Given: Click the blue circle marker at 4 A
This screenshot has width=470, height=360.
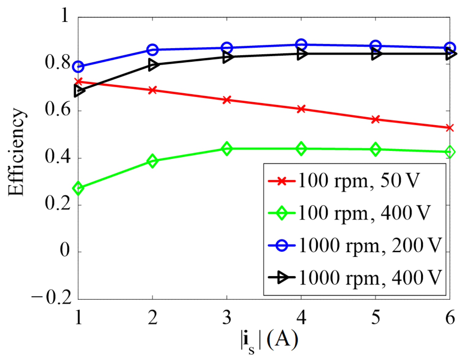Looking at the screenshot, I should (x=301, y=45).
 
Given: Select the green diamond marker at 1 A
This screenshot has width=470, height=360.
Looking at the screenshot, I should (x=78, y=188).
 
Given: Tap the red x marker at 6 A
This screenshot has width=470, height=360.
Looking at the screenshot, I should (x=449, y=128).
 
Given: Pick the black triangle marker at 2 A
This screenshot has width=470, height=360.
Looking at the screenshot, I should (x=153, y=65).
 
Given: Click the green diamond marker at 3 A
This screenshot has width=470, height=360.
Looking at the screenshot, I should (x=227, y=149).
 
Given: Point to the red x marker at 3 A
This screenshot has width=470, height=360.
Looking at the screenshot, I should (x=227, y=100).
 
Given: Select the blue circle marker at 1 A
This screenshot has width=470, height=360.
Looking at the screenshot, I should (x=78, y=67).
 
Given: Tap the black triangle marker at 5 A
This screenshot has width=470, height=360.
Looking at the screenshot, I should (x=376, y=54).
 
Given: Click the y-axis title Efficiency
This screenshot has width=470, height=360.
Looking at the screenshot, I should (x=16, y=152).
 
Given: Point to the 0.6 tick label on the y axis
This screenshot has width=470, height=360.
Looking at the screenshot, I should (x=58, y=110).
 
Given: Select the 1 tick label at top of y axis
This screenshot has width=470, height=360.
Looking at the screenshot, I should (x=65, y=15).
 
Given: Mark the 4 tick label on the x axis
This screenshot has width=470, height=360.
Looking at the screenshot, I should (x=301, y=317).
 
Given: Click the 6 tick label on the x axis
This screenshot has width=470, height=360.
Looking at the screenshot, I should (x=450, y=317).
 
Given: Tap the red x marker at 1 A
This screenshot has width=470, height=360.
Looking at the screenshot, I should (x=78, y=82).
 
